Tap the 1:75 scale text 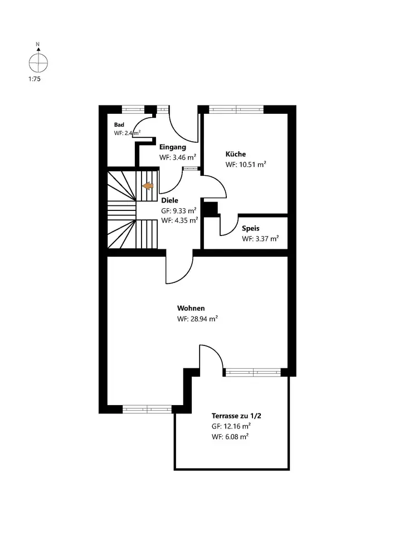(x=35, y=79)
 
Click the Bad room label (x=119, y=124)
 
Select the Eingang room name (x=173, y=147)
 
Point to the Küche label (x=235, y=154)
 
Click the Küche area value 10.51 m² (x=245, y=165)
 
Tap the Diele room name (x=169, y=200)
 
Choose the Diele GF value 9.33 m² (x=178, y=211)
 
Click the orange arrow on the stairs (x=148, y=186)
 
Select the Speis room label (x=250, y=228)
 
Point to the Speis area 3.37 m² (x=260, y=238)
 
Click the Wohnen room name (x=191, y=308)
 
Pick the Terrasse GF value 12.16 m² (x=230, y=426)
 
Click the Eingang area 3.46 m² (x=178, y=157)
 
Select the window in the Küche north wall (x=236, y=109)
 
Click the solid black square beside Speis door (x=210, y=209)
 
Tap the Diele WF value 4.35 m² (x=179, y=220)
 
